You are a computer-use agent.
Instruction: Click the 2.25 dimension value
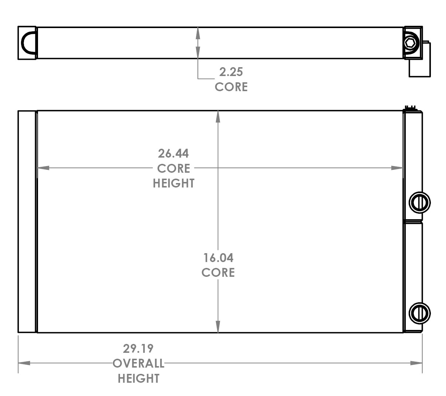[x=231, y=71]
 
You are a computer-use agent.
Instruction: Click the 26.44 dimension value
[x=173, y=153]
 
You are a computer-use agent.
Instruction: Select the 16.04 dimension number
[x=218, y=257]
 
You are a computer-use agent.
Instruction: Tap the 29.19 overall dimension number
[x=138, y=348]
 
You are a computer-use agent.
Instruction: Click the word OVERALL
[x=138, y=363]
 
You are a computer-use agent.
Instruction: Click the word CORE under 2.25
[x=231, y=87]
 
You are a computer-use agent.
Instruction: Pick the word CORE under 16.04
[x=218, y=272]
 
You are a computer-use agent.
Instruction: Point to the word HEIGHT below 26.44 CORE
[x=174, y=183]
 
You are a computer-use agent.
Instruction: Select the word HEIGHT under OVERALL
[x=138, y=378]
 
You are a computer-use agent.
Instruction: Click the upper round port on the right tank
[x=420, y=202]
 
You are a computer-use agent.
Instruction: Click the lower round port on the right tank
[x=420, y=313]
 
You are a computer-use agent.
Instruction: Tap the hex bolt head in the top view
[x=410, y=43]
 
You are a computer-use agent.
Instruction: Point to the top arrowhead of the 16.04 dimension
[x=218, y=117]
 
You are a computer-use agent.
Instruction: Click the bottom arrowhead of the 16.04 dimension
[x=218, y=327]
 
